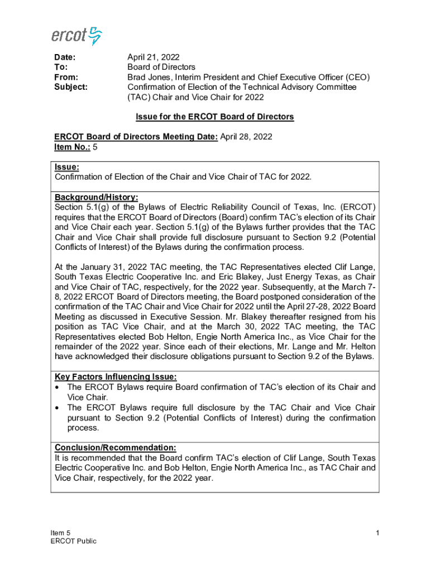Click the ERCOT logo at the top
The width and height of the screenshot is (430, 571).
[77, 36]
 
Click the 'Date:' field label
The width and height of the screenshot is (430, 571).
[64, 57]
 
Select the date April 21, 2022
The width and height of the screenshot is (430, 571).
[154, 57]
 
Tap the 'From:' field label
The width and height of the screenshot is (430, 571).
[66, 78]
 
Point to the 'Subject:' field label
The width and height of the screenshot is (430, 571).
[70, 88]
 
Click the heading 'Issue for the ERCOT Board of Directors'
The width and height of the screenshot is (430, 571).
[215, 117]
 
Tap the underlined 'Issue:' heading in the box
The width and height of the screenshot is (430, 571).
[66, 167]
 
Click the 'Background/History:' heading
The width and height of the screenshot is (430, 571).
[96, 197]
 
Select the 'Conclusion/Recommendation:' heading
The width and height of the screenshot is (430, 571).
[116, 448]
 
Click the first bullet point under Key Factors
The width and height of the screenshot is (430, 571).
[58, 387]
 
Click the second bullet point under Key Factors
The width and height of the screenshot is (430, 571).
[58, 408]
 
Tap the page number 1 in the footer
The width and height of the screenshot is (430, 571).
[378, 534]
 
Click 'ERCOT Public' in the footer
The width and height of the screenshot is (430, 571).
[73, 541]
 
